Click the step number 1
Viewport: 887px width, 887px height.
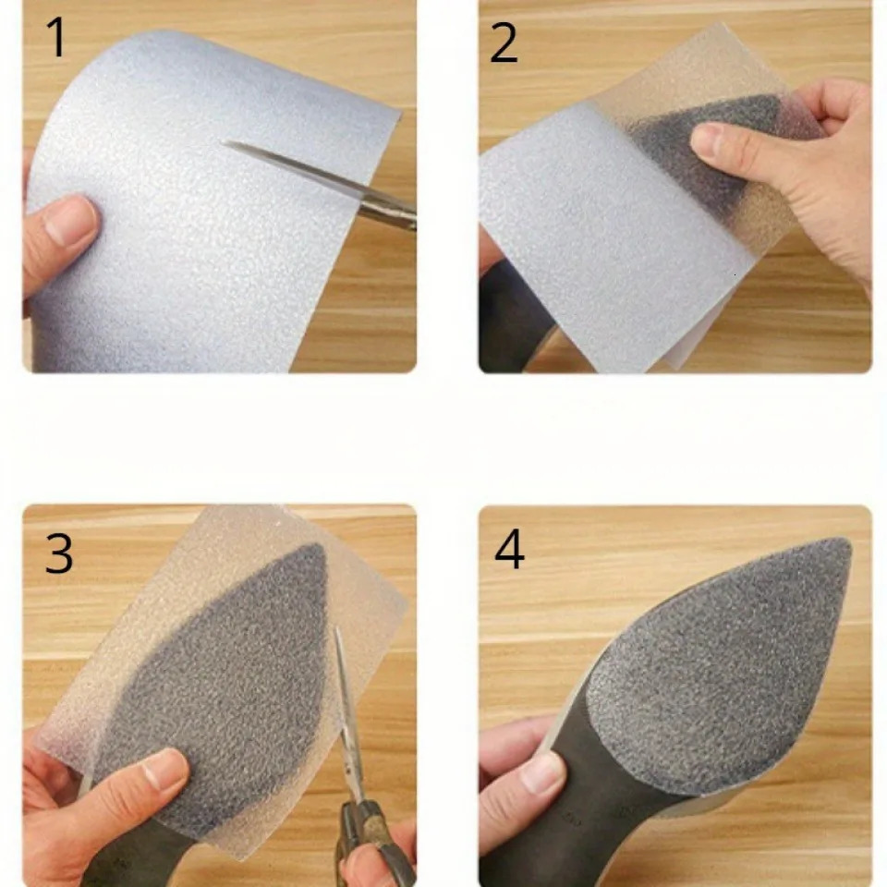[x=56, y=37]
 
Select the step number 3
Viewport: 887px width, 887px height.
[x=59, y=553]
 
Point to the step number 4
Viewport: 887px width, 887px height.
[x=509, y=549]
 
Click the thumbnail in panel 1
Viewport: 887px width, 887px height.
[x=71, y=218]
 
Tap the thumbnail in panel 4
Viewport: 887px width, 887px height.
[x=541, y=772]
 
